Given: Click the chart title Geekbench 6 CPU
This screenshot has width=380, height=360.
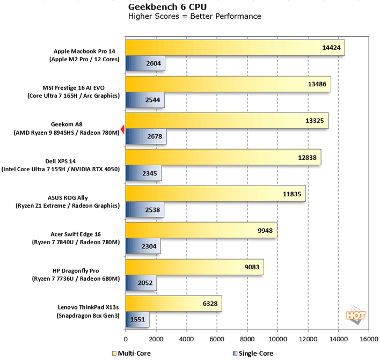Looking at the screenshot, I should coord(162,7).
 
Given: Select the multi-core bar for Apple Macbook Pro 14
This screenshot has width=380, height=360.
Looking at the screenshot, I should coord(235,47).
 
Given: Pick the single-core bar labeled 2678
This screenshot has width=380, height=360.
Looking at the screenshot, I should coord(145,137).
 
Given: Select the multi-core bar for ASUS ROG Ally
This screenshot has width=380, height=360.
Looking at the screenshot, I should coord(215,194).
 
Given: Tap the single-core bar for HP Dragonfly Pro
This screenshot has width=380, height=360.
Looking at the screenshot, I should coord(141,283).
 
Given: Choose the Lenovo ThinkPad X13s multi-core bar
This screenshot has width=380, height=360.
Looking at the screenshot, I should coord(173,304).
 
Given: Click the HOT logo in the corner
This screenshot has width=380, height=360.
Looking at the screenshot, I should coord(355,315).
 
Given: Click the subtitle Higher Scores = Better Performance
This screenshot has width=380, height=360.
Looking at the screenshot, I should coord(195,16).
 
